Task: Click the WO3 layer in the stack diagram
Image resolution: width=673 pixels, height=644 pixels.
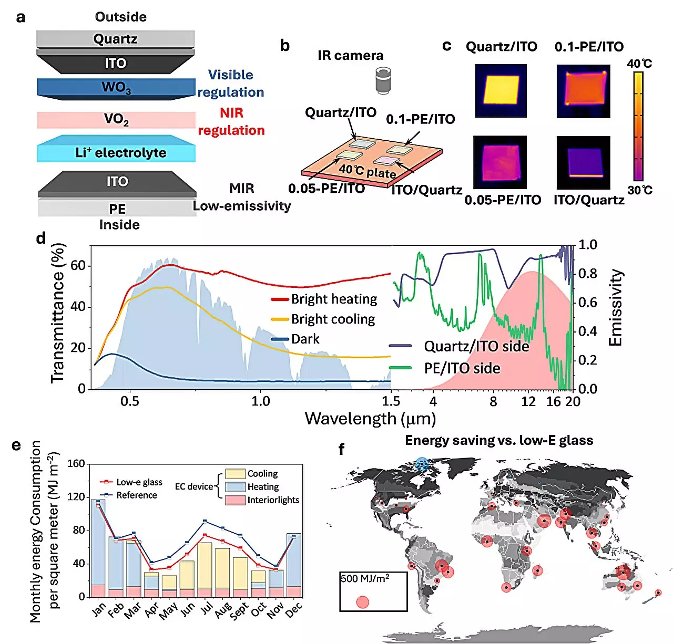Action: coord(116,87)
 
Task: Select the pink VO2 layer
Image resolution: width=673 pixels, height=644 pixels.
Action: coord(116,120)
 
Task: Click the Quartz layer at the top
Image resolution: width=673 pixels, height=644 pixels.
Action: coord(115,39)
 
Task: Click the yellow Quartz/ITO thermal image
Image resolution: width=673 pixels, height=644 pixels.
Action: coord(501,90)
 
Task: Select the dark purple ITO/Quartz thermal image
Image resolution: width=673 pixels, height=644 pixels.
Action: coord(583,162)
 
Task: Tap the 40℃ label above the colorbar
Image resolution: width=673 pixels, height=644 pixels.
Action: coord(639,64)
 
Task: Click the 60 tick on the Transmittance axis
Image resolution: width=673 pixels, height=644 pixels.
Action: coord(78,266)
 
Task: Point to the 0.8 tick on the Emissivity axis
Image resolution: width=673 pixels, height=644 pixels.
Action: coord(587,274)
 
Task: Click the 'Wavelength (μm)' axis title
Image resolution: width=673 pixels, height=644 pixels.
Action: coord(370,419)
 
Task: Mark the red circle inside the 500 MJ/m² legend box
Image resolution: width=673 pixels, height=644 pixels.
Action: coord(362,602)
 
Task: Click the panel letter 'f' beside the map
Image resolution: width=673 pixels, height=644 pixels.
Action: coord(342,449)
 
